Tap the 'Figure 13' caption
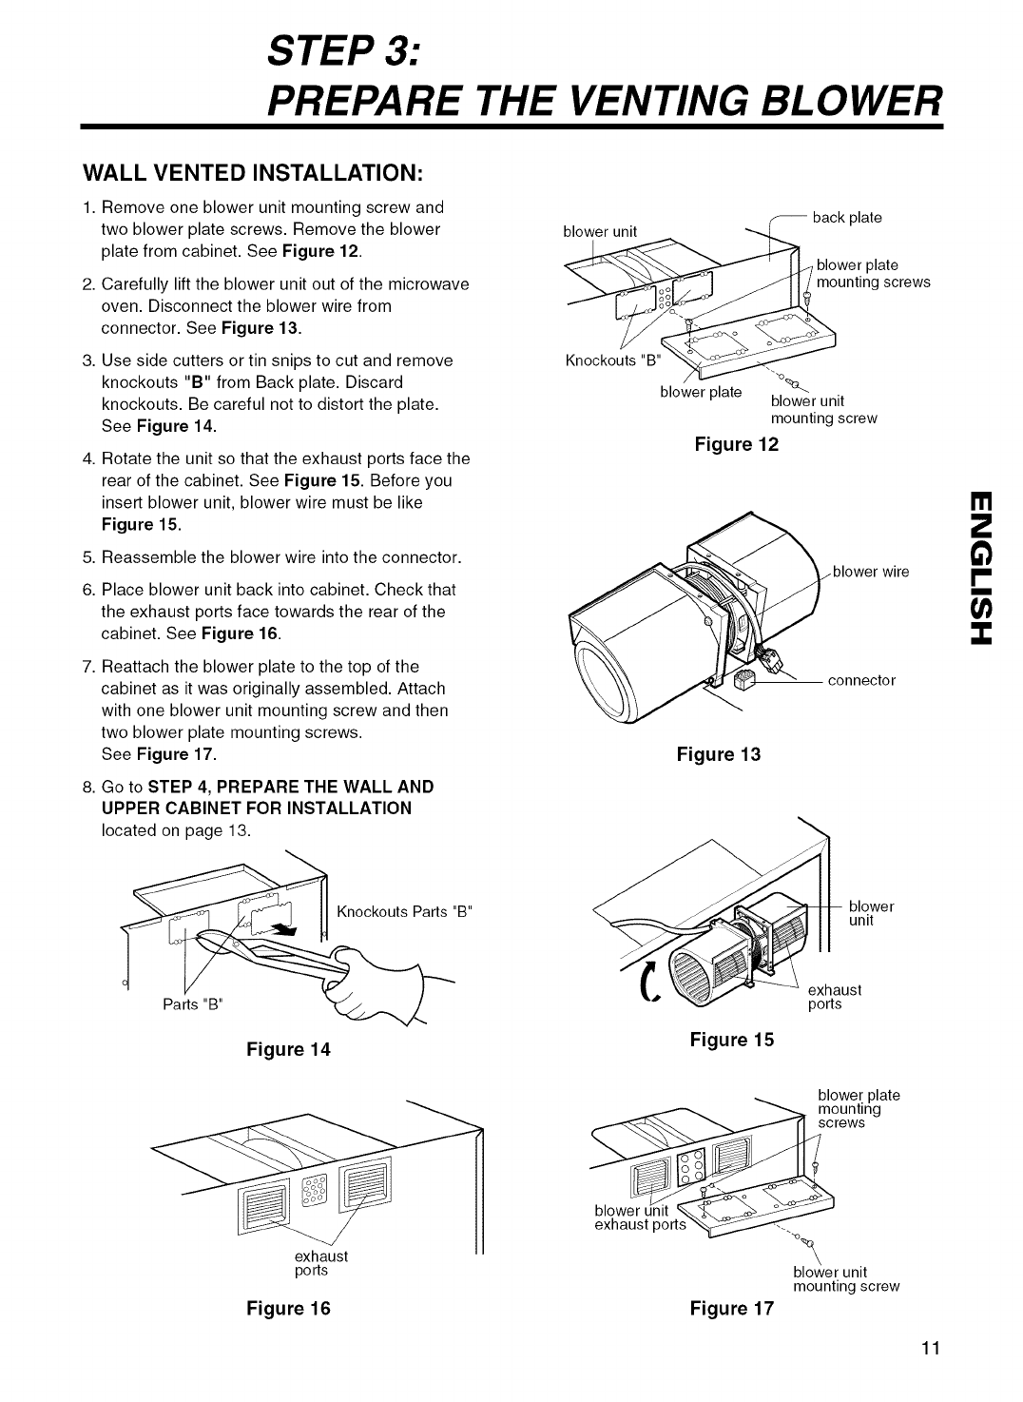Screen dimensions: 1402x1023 [719, 754]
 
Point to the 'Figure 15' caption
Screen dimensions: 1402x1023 [732, 1040]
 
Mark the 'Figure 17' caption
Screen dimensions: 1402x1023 [732, 1308]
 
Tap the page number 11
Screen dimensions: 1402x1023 [930, 1348]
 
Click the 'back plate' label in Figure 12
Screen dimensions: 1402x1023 [847, 218]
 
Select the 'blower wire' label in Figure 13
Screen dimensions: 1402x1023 [871, 572]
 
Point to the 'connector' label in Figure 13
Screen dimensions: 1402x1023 [861, 680]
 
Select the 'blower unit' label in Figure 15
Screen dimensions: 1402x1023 [870, 914]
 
